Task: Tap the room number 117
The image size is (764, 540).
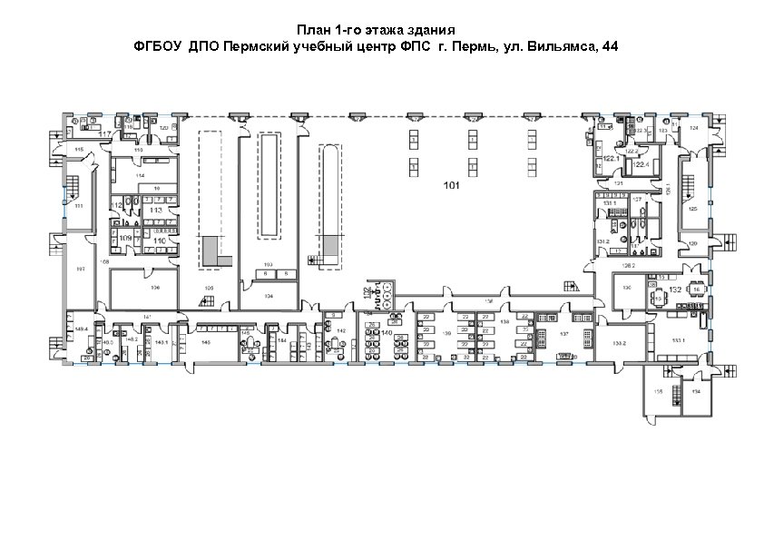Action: coord(104,134)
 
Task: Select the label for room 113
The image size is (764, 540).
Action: coord(156,210)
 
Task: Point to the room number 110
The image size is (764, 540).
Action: coord(160,241)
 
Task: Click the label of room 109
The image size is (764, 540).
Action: coord(126,238)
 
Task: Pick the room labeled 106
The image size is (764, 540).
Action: coord(155,287)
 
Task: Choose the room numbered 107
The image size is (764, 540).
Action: coord(80,269)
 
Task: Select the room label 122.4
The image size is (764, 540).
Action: coord(640,165)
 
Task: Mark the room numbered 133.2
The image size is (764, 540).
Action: coord(620,344)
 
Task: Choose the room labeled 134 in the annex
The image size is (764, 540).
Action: coord(696,391)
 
